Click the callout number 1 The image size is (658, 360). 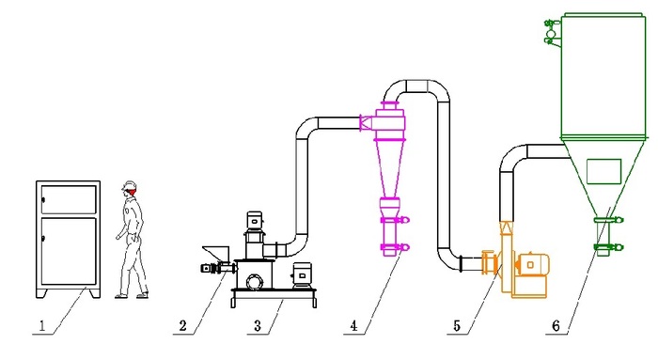(x=42, y=326)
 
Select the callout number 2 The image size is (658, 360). (x=182, y=325)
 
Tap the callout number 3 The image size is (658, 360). (x=258, y=325)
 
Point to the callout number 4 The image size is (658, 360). (x=354, y=325)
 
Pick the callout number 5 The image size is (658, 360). (x=457, y=325)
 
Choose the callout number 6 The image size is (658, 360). (x=556, y=325)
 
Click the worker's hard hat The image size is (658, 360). (x=130, y=185)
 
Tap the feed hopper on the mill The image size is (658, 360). (x=215, y=254)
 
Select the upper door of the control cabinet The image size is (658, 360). (x=69, y=199)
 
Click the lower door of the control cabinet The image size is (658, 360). (x=69, y=250)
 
